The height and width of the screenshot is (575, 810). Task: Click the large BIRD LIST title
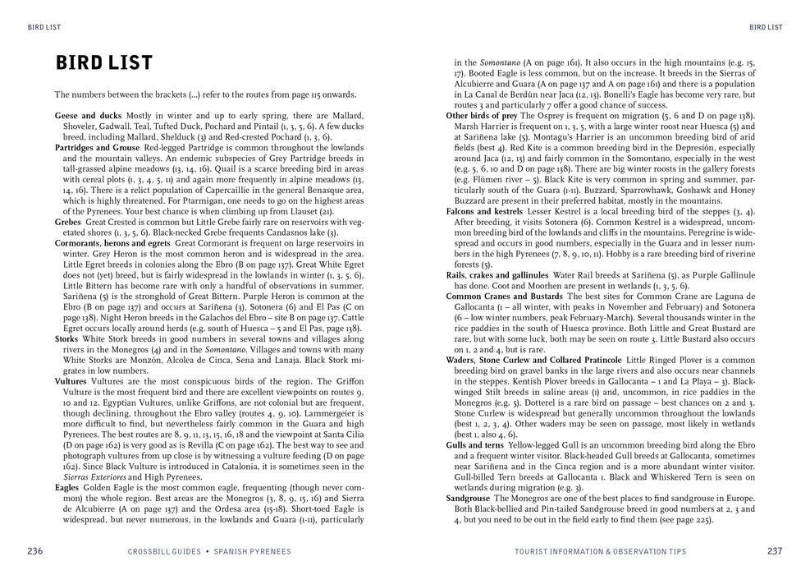103,63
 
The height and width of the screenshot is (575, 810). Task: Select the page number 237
774,550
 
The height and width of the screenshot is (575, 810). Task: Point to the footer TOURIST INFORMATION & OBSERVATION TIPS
600,551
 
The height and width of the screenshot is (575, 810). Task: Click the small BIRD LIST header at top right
765,26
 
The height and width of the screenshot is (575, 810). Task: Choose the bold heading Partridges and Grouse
97,146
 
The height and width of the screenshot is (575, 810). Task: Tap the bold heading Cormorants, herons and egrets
112,243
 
